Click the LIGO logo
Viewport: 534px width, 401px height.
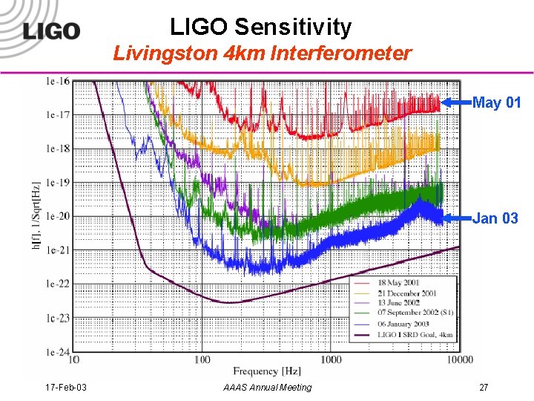pyautogui.click(x=50, y=31)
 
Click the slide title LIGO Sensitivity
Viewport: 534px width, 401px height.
pyautogui.click(x=260, y=27)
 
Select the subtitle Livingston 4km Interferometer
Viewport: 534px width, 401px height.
pyautogui.click(x=262, y=53)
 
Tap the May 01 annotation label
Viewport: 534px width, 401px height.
pyautogui.click(x=496, y=103)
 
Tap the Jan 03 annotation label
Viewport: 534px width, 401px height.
pyautogui.click(x=495, y=218)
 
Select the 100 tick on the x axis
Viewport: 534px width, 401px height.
pyautogui.click(x=202, y=360)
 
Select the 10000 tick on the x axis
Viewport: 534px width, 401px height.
pyautogui.click(x=459, y=360)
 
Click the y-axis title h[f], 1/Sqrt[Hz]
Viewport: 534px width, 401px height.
pyautogui.click(x=36, y=215)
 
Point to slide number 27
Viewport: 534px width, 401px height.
pyautogui.click(x=484, y=388)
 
